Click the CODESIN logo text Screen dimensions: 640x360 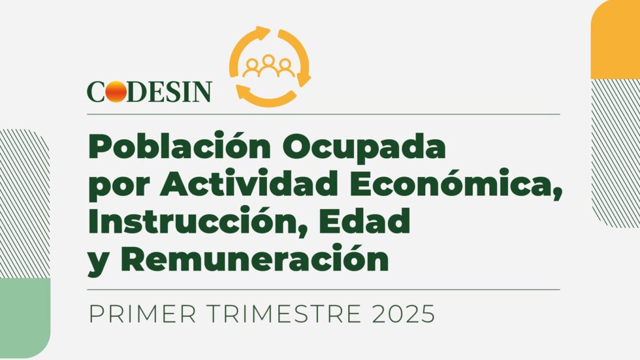click(150, 91)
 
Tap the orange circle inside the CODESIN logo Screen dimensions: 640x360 click(116, 91)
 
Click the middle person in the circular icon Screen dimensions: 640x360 click(268, 65)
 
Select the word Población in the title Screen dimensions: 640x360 click(180, 146)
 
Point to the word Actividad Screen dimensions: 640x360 click(249, 183)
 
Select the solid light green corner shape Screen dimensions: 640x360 click(25, 318)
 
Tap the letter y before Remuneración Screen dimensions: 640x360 click(98, 263)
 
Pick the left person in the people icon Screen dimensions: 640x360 click(252, 69)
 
